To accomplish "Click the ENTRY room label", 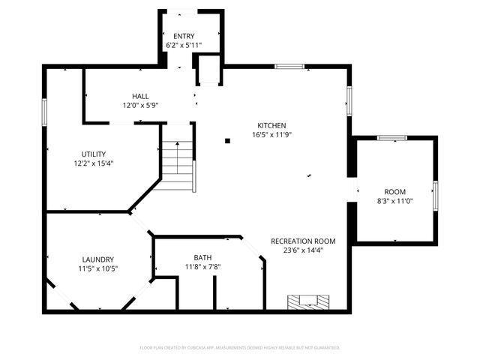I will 184,36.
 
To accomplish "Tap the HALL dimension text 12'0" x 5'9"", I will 140,105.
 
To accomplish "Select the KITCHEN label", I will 271,125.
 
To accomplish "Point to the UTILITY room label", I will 94,154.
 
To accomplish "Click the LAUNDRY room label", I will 97,259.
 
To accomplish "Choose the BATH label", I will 202,257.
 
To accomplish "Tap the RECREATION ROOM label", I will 303,241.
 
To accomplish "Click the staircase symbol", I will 178,160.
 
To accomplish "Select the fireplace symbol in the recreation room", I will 308,301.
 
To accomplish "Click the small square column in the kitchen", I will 226,139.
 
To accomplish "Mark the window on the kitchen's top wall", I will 289,67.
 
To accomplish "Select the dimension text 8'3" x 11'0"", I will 394,201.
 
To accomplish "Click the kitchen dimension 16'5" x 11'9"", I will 271,135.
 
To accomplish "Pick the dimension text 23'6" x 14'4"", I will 303,251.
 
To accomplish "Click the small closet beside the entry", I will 208,71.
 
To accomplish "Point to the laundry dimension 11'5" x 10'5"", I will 97,268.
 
